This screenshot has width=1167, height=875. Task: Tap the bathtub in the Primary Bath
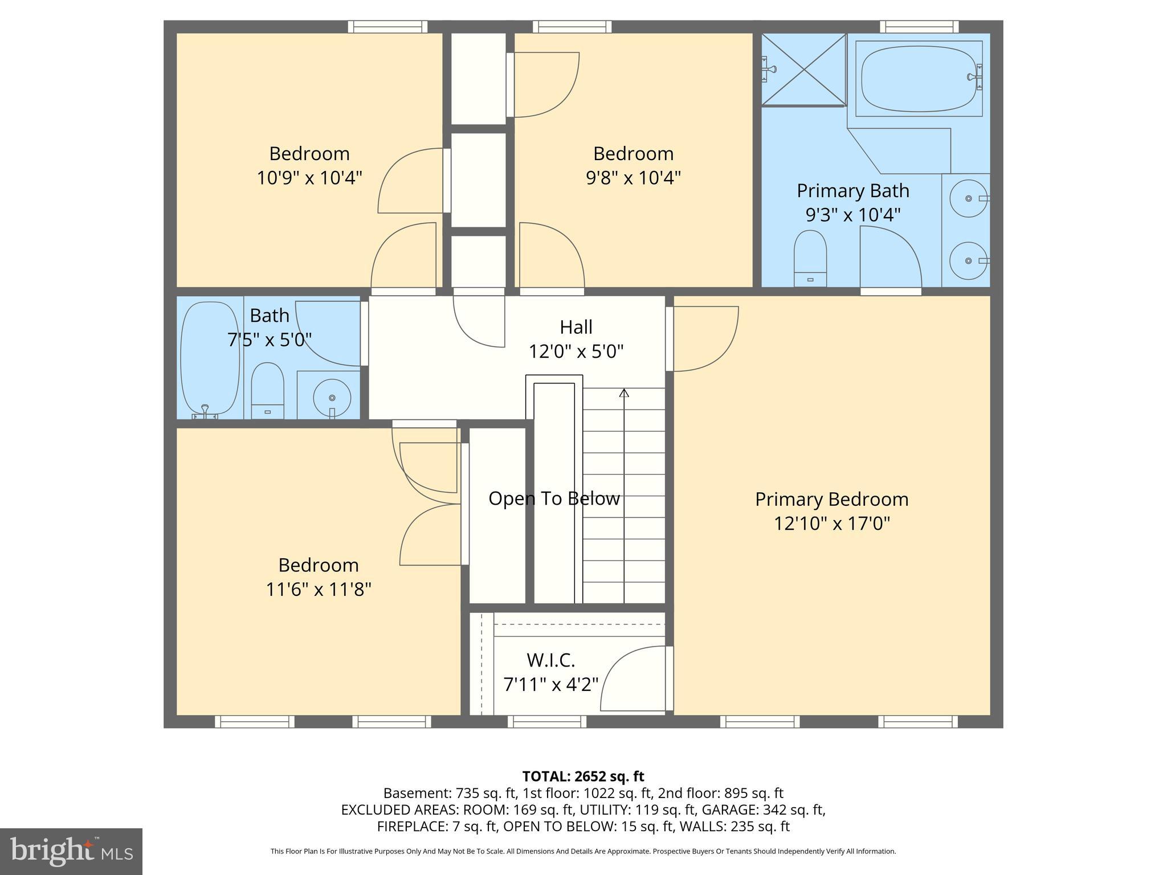[x=918, y=78]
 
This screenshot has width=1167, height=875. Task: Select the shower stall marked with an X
[x=803, y=69]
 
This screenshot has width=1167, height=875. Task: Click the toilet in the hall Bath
[x=267, y=390]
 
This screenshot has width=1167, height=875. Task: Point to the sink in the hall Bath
[x=332, y=396]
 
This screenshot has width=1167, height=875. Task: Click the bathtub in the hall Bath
[x=209, y=359]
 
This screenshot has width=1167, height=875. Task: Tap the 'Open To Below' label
[x=554, y=498]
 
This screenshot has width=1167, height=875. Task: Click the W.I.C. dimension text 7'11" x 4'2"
[x=550, y=684]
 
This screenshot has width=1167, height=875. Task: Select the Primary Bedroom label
[x=831, y=499]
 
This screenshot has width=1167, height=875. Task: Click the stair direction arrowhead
[x=624, y=392]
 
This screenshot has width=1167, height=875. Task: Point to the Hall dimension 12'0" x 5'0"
[x=576, y=351]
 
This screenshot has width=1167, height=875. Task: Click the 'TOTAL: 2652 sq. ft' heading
[x=583, y=776]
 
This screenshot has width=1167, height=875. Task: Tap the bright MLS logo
[x=71, y=851]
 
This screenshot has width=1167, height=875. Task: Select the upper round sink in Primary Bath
[x=968, y=198]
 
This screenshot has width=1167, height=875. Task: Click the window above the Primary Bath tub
[x=919, y=27]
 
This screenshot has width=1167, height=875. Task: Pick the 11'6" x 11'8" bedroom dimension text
[x=319, y=588]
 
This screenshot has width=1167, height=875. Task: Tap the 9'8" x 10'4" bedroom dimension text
[x=633, y=178]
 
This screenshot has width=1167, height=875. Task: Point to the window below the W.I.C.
[x=547, y=722]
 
